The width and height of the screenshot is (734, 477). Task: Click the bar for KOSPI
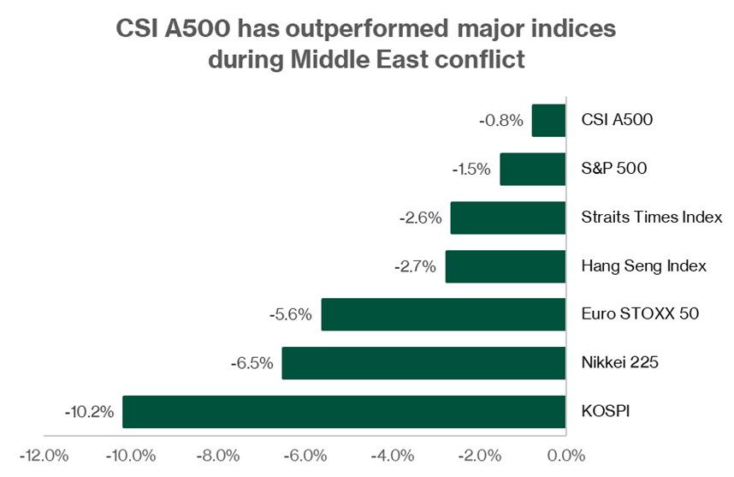(x=344, y=412)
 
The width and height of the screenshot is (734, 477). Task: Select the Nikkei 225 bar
(x=423, y=363)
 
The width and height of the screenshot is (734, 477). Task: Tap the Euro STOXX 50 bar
(x=443, y=314)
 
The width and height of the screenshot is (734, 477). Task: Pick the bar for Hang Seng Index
(x=506, y=266)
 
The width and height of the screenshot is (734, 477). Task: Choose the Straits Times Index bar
(x=508, y=218)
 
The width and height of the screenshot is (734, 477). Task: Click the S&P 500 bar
(x=532, y=170)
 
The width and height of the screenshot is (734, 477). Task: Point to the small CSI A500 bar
(x=548, y=121)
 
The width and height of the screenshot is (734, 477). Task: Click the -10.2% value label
(x=89, y=412)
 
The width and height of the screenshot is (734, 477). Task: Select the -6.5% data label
(x=252, y=363)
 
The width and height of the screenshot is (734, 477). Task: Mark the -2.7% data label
(x=416, y=266)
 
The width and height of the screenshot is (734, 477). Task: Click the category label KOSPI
(x=605, y=412)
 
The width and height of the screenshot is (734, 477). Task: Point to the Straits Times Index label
(x=651, y=218)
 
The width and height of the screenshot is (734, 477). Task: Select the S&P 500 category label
(x=613, y=170)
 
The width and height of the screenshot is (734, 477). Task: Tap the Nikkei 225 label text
(x=619, y=363)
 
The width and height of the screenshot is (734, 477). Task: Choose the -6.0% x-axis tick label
(x=305, y=455)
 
